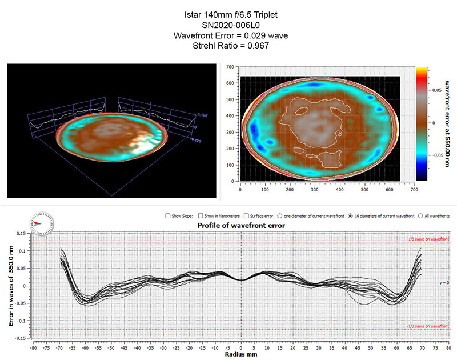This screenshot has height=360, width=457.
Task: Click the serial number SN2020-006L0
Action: [228, 26]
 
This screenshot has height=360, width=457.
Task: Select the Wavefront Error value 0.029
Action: [255, 36]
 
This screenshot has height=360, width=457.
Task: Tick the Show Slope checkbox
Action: [168, 216]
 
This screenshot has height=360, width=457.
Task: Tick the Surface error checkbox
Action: [246, 216]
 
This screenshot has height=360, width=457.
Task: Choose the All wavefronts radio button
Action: [421, 216]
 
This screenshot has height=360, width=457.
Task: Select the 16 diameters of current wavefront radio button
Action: [350, 216]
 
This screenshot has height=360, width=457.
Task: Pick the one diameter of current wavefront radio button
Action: [280, 216]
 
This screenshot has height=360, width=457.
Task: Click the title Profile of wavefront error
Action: [240, 225]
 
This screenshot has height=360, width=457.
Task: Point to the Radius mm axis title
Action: [240, 354]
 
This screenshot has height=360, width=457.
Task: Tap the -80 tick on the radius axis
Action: [34, 347]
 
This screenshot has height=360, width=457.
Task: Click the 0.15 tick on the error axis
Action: [21, 234]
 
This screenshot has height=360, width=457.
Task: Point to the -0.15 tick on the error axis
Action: [20, 338]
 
